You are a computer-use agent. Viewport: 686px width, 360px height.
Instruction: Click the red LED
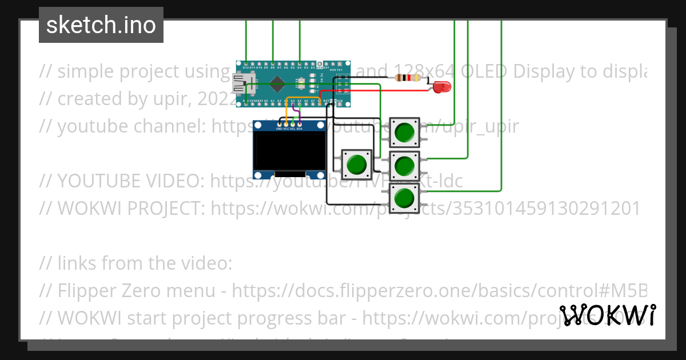click(442, 87)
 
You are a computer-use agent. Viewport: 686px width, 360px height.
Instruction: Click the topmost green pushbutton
click(405, 131)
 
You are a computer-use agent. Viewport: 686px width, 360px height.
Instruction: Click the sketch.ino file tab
click(101, 25)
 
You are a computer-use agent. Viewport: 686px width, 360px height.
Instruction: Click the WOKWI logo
click(608, 315)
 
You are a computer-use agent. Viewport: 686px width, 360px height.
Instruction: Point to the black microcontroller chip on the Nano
click(277, 84)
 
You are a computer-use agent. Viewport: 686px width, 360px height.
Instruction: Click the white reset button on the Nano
click(298, 85)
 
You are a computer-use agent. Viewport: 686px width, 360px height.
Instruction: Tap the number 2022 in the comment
click(217, 99)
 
